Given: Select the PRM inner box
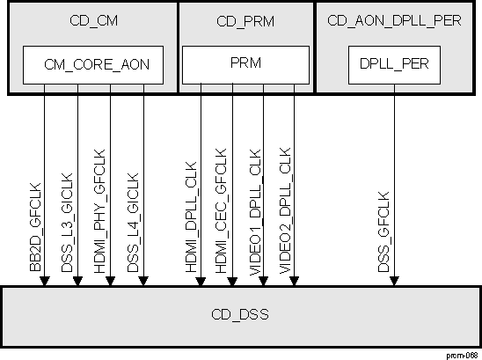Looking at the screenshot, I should [x=245, y=63].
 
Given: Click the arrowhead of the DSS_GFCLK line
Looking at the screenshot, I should [x=395, y=281].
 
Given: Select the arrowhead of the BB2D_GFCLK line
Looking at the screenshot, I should [x=45, y=281].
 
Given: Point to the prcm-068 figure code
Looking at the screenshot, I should [x=462, y=354].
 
